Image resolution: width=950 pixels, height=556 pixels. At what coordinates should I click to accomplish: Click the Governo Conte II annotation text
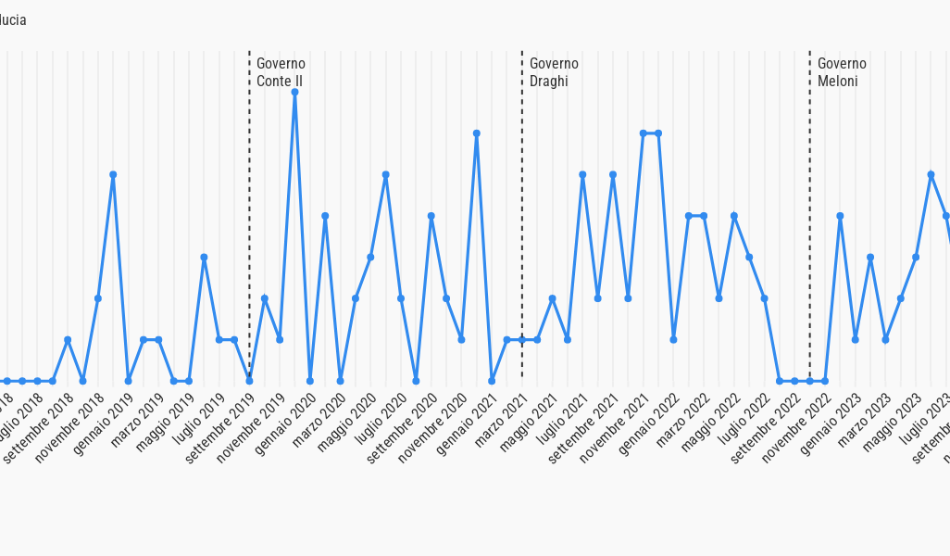[x=281, y=72]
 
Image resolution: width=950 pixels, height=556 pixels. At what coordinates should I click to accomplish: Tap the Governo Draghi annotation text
[x=554, y=72]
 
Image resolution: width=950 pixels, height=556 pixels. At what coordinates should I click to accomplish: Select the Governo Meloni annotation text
[x=842, y=72]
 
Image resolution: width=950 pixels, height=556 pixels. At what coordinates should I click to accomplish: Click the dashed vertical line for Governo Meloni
[x=809, y=232]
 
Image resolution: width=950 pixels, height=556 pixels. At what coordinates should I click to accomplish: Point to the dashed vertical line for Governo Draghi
[x=522, y=232]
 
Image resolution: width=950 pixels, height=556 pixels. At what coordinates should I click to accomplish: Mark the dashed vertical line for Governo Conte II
[x=249, y=232]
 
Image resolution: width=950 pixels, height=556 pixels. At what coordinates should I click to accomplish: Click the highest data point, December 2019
[x=294, y=92]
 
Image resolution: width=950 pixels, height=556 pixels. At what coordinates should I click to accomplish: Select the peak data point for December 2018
[x=113, y=174]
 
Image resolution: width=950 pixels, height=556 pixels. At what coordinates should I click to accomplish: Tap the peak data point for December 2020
[x=477, y=133]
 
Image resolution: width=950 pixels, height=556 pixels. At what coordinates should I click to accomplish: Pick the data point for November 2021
[x=644, y=133]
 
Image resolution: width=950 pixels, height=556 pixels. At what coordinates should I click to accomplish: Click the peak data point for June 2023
[x=931, y=174]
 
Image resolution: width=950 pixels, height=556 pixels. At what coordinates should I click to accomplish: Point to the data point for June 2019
[x=204, y=257]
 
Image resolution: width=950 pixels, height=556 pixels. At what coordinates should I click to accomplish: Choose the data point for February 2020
[x=325, y=216]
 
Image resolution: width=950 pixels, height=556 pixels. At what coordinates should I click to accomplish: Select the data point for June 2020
[x=385, y=174]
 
